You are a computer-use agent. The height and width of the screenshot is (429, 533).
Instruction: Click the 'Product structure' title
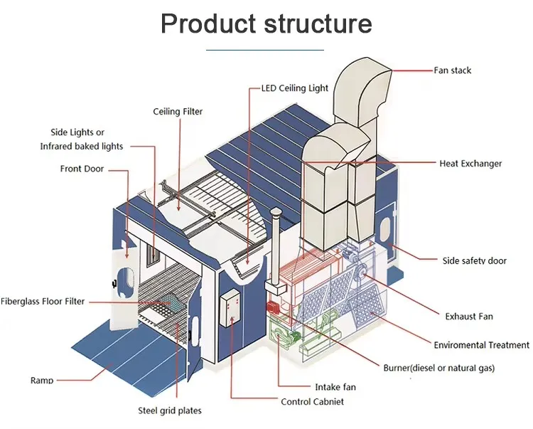click(266, 23)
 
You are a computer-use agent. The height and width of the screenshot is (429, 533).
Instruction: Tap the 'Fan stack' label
click(452, 70)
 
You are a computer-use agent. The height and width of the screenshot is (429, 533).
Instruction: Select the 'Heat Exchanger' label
click(470, 164)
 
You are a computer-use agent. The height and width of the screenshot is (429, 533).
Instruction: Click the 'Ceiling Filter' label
click(178, 112)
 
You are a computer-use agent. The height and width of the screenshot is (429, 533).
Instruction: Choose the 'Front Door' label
click(82, 169)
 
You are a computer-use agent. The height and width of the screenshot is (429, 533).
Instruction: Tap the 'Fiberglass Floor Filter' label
click(43, 302)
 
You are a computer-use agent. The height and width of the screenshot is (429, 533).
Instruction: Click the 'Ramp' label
click(42, 381)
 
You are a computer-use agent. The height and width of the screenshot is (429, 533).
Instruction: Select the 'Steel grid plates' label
click(169, 411)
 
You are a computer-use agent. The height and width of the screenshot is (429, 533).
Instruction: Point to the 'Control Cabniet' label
click(312, 402)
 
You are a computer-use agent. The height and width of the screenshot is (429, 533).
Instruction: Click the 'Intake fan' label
click(335, 387)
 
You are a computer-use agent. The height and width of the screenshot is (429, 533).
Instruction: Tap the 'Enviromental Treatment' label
click(481, 345)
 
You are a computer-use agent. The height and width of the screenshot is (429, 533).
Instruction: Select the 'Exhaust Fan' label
click(468, 316)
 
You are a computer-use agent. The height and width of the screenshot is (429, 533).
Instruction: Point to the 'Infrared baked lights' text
click(81, 147)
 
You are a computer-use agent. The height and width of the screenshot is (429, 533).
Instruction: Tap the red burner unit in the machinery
click(271, 307)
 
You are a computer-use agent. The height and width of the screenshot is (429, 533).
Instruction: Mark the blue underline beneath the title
click(265, 50)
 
